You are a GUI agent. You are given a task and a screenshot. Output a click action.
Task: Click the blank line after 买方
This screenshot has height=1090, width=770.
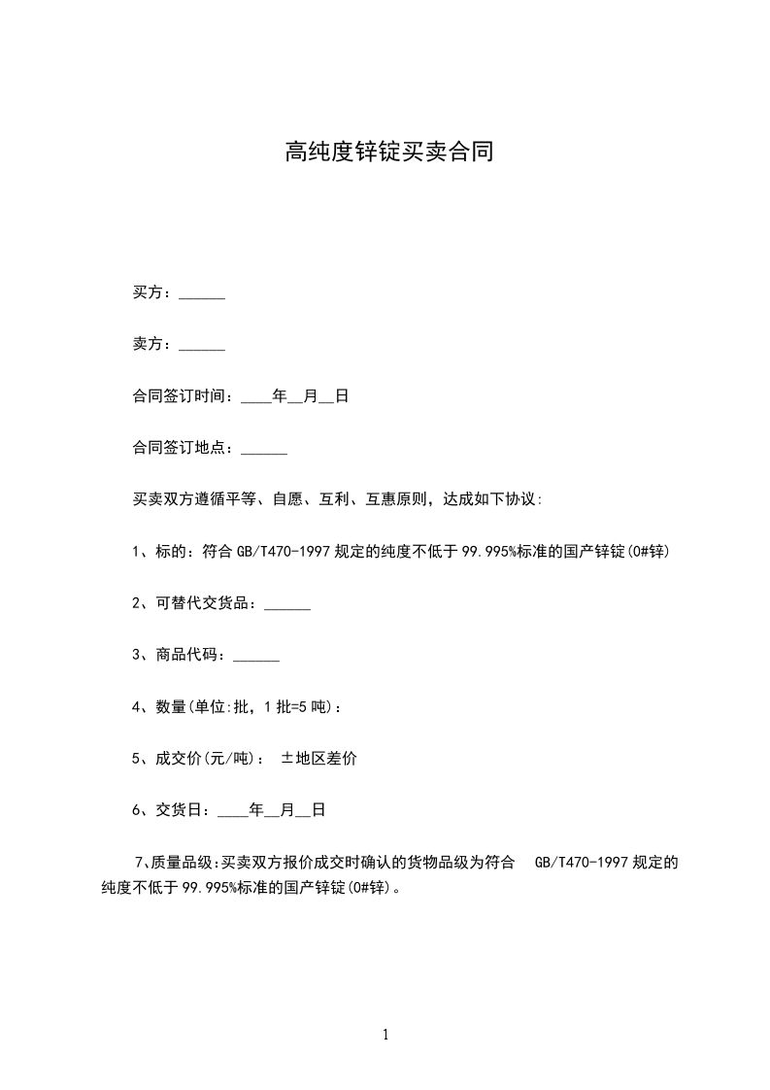point(202,294)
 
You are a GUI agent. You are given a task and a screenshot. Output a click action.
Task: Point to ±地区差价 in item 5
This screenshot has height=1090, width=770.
point(318,759)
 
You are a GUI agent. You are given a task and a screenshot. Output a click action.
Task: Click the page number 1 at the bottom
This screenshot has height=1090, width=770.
point(385,1034)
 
